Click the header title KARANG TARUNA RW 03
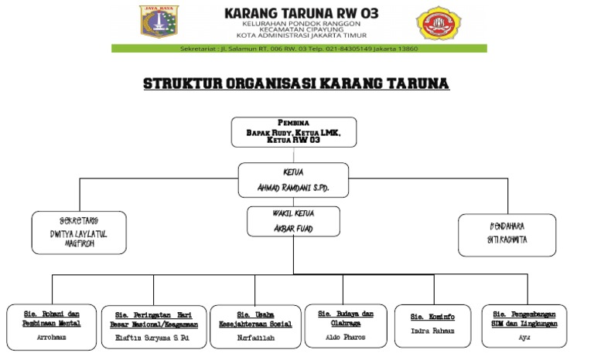301,13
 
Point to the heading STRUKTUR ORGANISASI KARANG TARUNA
296,83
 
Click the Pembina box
294,132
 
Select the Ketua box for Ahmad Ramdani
293,180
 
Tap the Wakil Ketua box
293,221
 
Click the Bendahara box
507,235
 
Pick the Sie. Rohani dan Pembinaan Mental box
52,327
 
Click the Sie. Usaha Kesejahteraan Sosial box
255,327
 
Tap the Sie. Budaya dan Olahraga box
345,325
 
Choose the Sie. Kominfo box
432,324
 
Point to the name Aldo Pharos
345,338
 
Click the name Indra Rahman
432,331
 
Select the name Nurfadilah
255,338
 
